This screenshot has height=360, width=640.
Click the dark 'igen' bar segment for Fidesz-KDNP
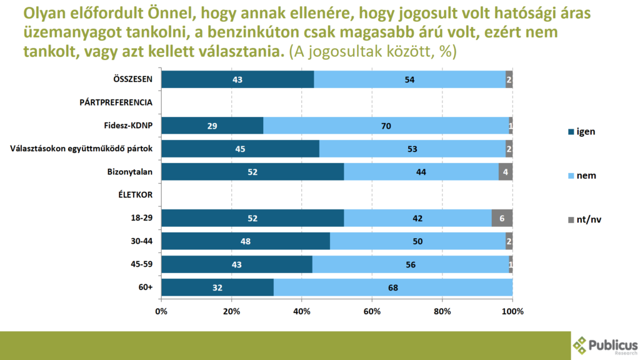point(212,126)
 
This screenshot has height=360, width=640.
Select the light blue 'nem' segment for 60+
point(392,287)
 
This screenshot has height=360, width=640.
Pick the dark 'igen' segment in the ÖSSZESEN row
point(237,79)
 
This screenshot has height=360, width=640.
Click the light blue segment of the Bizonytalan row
point(421,172)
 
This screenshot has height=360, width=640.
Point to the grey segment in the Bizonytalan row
point(505,172)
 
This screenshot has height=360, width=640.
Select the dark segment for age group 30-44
point(246,241)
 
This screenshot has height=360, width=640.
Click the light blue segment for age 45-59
point(410,264)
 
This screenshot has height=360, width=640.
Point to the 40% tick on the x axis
point(302,311)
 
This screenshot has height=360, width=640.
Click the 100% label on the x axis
point(512,311)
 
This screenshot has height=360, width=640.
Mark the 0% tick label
point(162,311)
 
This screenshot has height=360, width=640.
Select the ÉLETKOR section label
point(136,195)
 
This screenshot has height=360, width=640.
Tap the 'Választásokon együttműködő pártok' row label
point(83,149)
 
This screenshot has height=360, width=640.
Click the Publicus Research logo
point(605,346)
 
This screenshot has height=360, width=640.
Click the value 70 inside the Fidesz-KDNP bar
point(386,126)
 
